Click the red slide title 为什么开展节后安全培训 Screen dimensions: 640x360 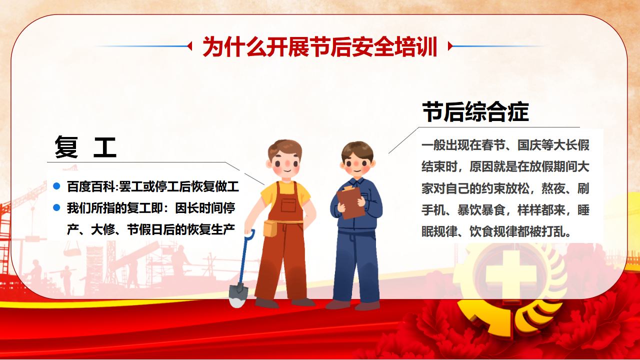click(x=319, y=46)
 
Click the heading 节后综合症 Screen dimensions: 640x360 click(x=475, y=111)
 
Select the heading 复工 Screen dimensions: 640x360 click(x=85, y=147)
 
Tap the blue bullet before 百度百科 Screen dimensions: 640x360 click(x=56, y=186)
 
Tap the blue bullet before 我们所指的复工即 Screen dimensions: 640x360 click(x=56, y=207)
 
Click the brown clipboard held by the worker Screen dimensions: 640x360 click(x=350, y=202)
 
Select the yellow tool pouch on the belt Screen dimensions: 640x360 click(x=270, y=228)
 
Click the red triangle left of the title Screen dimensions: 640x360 click(x=189, y=46)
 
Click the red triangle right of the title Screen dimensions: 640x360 click(x=450, y=46)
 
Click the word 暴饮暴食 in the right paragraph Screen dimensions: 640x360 click(x=481, y=210)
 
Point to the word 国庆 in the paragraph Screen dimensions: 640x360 click(x=529, y=145)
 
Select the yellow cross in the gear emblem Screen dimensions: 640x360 click(x=511, y=274)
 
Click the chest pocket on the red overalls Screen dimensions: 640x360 click(x=288, y=205)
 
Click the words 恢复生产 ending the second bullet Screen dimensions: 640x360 click(x=211, y=229)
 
